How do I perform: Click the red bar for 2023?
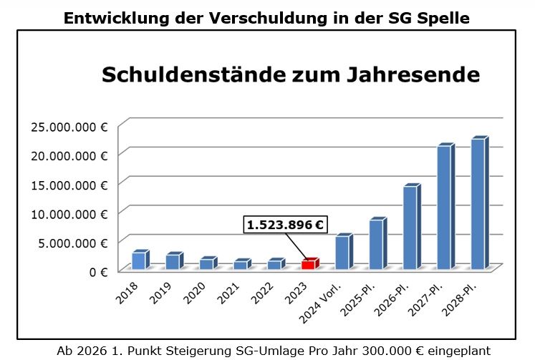click(308, 264)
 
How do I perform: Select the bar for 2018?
click(138, 261)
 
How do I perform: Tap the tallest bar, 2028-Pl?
click(478, 204)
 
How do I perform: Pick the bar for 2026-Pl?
click(410, 228)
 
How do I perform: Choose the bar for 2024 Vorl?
click(342, 252)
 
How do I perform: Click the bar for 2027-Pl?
click(444, 207)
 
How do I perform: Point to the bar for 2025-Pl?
click(376, 244)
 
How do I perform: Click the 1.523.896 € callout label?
click(284, 225)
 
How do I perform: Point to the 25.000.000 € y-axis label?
click(69, 127)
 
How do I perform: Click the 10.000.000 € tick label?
click(69, 213)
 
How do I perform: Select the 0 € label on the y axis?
click(98, 271)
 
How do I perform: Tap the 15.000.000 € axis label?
click(69, 185)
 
